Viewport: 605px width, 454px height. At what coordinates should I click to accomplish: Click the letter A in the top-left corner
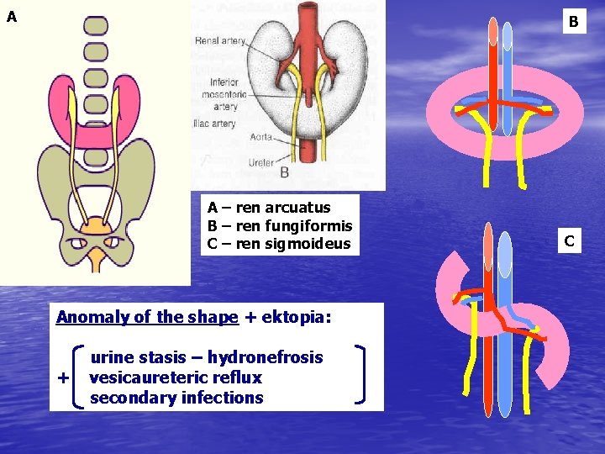click(x=11, y=16)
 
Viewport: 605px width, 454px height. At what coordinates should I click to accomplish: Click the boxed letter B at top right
click(x=573, y=22)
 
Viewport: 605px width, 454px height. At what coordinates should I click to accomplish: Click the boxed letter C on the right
click(x=569, y=241)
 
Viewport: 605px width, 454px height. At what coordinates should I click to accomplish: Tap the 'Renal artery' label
click(x=220, y=40)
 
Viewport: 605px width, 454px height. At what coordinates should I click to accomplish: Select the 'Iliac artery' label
click(x=213, y=124)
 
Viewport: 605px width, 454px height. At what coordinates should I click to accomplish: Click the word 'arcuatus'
click(x=297, y=207)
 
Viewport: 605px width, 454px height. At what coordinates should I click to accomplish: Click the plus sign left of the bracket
click(x=63, y=378)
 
